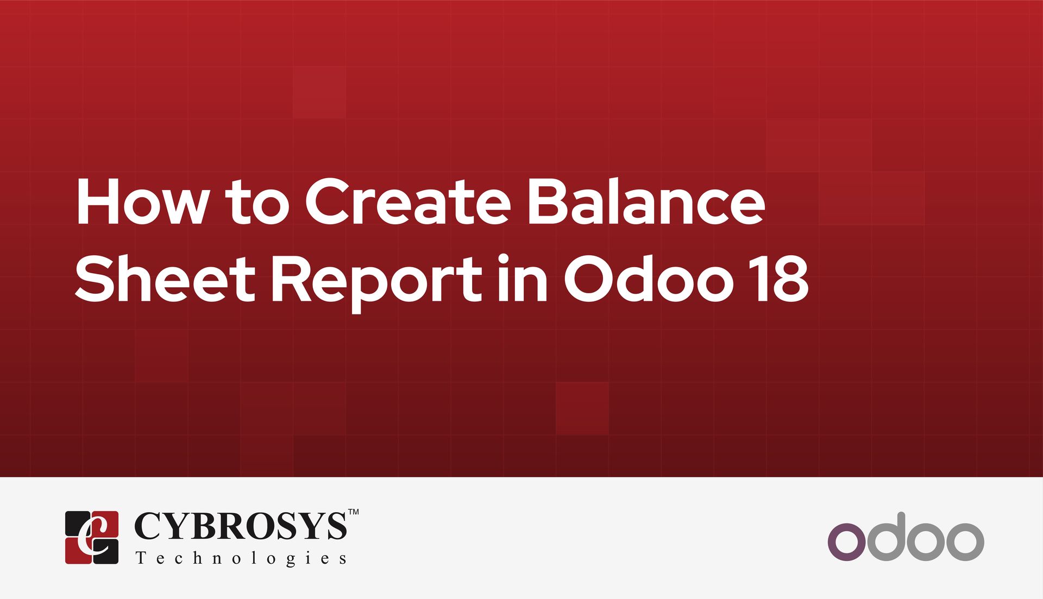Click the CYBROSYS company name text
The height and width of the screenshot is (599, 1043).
tap(240, 526)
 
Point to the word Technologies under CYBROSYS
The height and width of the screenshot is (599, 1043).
tap(241, 558)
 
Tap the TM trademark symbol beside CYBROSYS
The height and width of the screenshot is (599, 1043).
tap(353, 512)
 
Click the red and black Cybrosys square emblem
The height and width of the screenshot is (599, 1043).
tap(92, 537)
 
